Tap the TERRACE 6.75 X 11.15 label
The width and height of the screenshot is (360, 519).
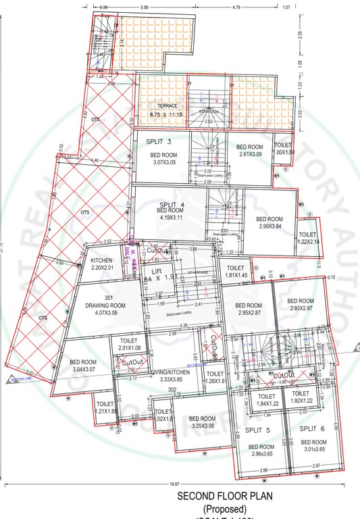[x=167, y=111]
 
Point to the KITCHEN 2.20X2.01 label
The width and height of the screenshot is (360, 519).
[x=101, y=264]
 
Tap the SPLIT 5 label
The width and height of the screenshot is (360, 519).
[x=257, y=430]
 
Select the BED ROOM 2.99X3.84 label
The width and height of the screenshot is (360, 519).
[x=269, y=223]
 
